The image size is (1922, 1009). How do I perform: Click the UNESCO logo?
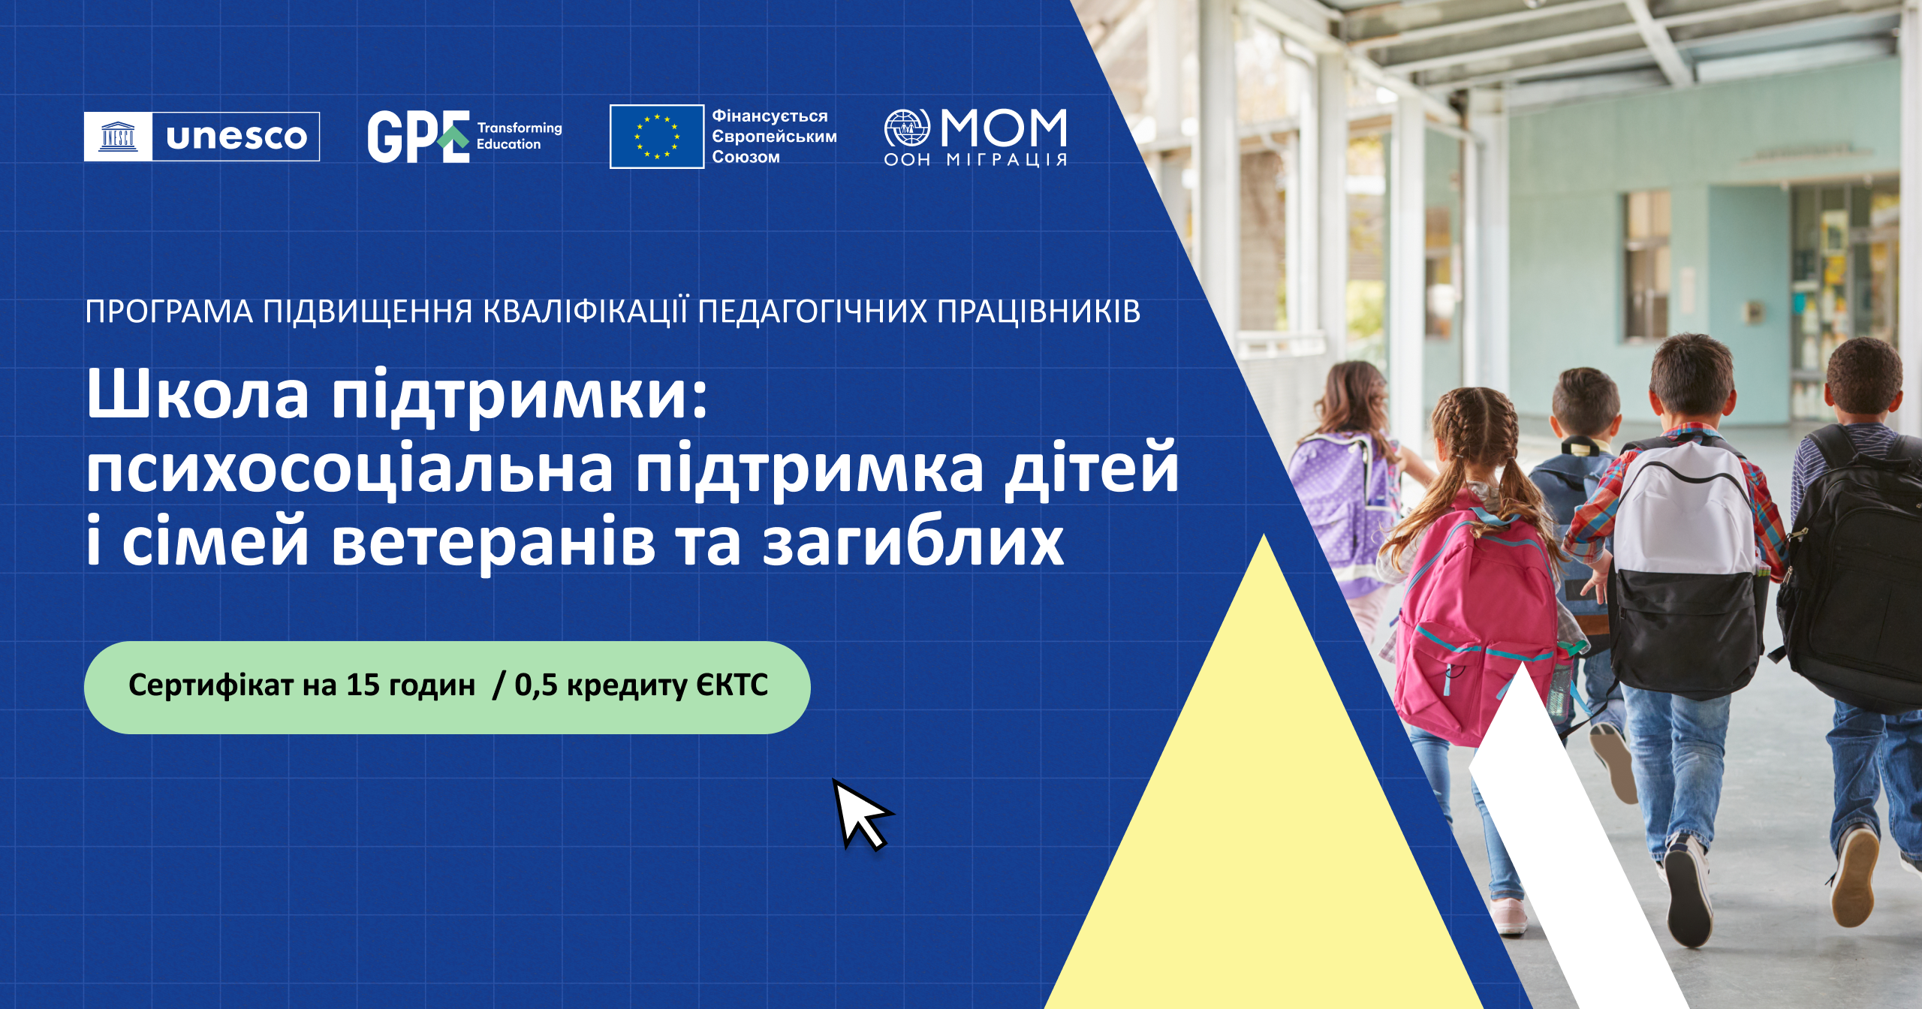(x=201, y=137)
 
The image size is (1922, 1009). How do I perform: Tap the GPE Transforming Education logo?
(x=464, y=137)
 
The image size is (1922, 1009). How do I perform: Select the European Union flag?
(x=656, y=137)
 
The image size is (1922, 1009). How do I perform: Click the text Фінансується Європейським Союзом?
(x=773, y=137)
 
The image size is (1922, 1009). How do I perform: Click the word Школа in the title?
(x=197, y=395)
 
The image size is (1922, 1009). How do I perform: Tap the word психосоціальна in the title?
(x=349, y=470)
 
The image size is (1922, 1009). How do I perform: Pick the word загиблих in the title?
(x=913, y=542)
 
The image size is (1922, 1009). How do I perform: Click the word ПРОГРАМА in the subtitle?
(x=168, y=312)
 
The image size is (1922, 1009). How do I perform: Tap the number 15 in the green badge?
(x=363, y=685)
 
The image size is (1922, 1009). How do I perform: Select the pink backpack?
(x=1472, y=616)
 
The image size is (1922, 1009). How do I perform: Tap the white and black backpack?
(x=1686, y=563)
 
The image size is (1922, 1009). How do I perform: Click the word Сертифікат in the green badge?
(x=210, y=685)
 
